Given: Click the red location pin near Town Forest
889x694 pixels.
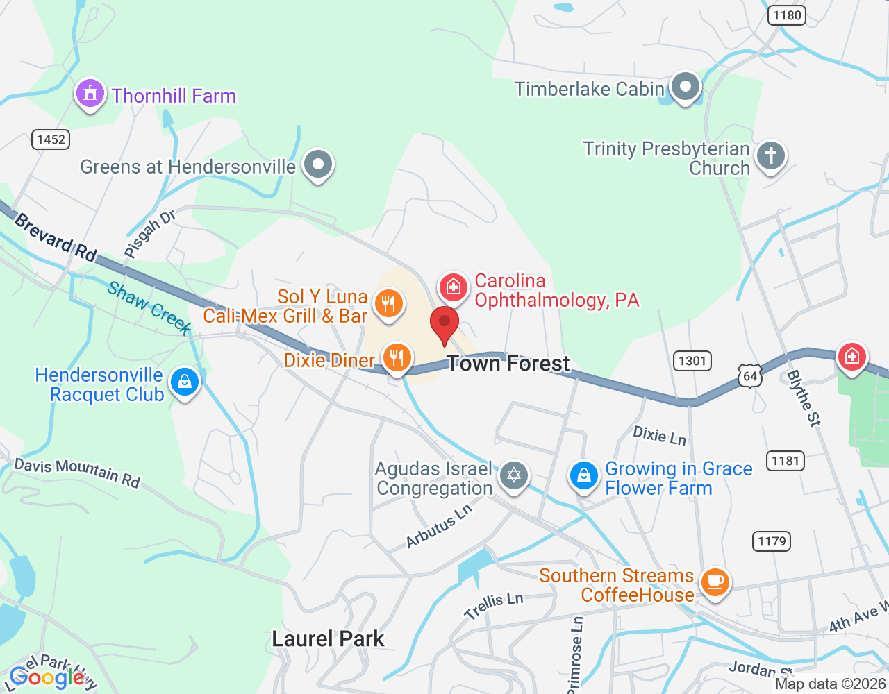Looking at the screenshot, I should point(444,323).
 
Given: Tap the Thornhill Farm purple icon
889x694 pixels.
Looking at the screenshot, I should point(90,93).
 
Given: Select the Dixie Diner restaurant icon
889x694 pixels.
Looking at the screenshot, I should point(397,358).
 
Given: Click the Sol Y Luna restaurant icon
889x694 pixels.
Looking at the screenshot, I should point(388,303).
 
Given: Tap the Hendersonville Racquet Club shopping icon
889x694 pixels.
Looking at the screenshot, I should point(185,382).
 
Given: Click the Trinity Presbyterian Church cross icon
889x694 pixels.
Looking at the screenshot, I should point(770,155).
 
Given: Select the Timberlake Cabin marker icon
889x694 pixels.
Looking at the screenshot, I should point(686,87).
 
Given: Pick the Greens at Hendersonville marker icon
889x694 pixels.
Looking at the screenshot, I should point(319,165).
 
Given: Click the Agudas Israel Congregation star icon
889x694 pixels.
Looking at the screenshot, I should point(514,475).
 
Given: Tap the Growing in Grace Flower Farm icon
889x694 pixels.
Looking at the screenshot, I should point(584,476).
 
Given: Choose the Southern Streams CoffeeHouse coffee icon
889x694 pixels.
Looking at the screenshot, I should point(715,582).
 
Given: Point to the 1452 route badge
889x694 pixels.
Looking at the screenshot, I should point(51,139).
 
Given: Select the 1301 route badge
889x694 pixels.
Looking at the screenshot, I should point(692,360).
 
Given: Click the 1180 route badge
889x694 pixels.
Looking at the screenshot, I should point(787,15).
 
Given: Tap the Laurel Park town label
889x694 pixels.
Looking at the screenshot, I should point(328,638).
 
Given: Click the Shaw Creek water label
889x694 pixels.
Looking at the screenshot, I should point(149,307).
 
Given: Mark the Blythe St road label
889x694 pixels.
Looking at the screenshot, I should point(804,398).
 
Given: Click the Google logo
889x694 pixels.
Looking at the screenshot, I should point(47,677).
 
